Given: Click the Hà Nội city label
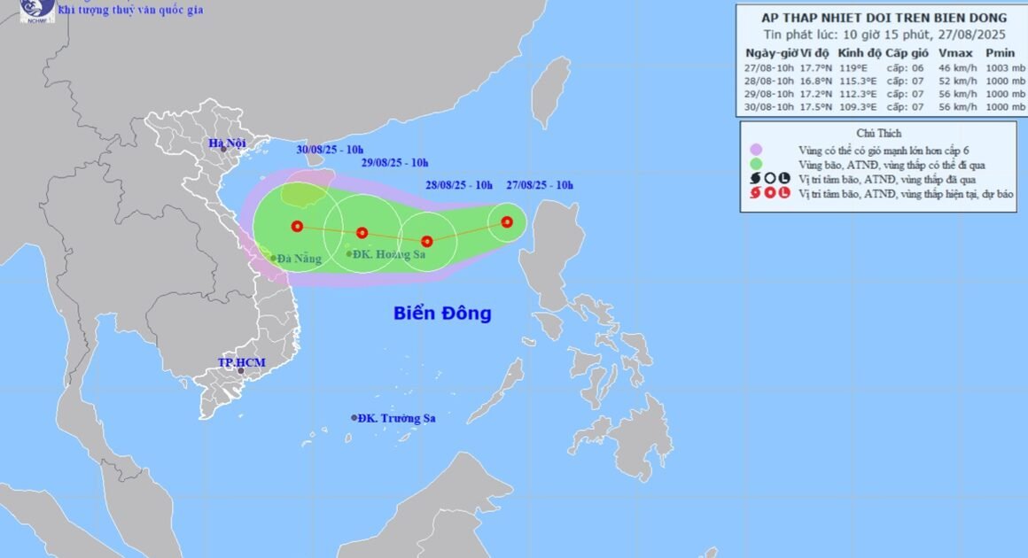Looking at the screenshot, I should (227, 143).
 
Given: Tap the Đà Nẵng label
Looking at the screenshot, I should (298, 259).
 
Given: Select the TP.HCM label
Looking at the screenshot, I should (241, 363).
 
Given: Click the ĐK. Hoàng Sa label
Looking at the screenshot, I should (390, 254).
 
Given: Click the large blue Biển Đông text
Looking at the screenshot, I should (442, 313).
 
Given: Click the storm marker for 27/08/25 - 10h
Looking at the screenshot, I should (507, 222).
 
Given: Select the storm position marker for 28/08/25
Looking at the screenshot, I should (427, 241).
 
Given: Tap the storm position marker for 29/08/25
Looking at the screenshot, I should (362, 233).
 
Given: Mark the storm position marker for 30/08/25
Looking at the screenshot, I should (297, 226).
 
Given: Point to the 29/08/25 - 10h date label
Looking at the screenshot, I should (395, 163).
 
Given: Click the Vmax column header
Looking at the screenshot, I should (955, 53).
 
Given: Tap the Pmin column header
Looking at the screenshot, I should (1000, 53).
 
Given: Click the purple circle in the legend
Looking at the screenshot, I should (755, 150).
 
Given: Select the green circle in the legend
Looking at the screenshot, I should (755, 164).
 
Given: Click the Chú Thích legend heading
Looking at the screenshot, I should (880, 133).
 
